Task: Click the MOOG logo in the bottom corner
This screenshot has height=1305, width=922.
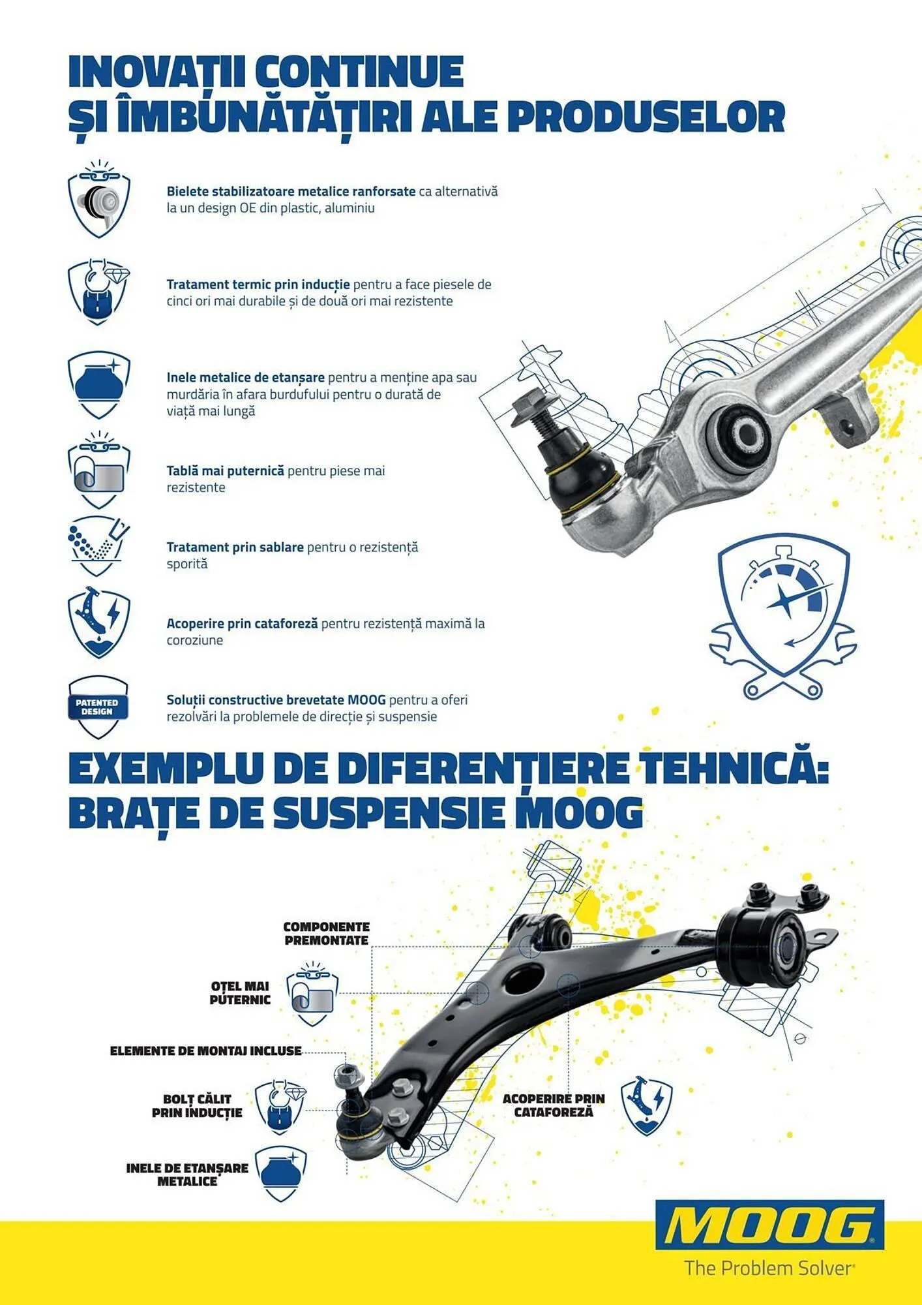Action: point(769,1226)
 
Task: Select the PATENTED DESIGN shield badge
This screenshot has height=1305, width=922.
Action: point(98,707)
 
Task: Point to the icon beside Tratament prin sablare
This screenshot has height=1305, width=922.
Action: point(98,545)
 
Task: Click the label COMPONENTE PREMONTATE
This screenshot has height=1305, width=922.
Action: point(327,934)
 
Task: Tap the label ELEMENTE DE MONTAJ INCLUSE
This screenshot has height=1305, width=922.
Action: point(205,1051)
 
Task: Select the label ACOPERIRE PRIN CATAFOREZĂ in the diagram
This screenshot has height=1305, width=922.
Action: point(554,1105)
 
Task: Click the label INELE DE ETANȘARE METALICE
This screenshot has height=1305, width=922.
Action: point(187,1174)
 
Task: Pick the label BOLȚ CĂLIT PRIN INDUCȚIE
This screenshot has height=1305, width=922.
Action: point(197,1106)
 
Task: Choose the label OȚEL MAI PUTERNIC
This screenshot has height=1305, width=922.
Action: point(240,992)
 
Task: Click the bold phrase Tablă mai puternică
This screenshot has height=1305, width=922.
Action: point(225,470)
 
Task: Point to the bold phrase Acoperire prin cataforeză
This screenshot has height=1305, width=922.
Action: point(242,623)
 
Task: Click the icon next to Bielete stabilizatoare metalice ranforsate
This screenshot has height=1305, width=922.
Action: point(98,199)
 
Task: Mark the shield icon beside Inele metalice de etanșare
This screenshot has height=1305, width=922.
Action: point(98,384)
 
